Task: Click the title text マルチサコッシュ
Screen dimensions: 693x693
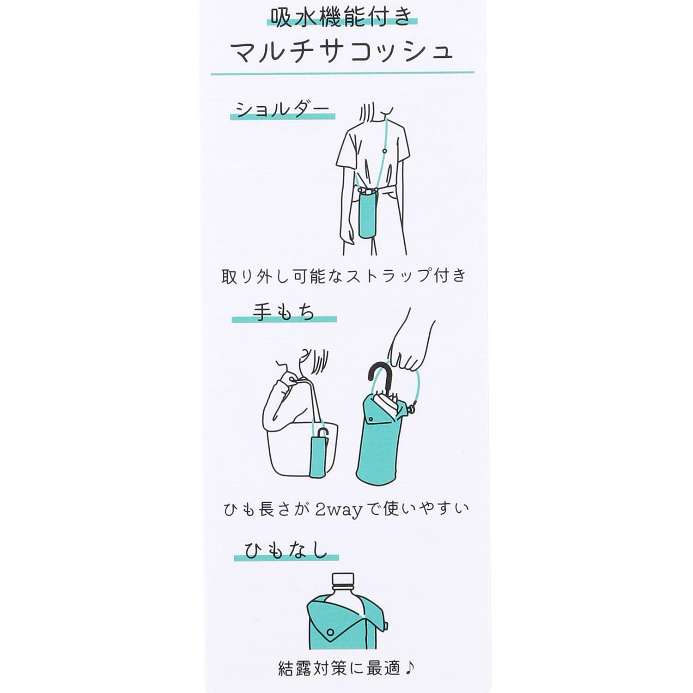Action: [342, 52]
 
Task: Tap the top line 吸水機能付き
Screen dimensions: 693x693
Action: [342, 18]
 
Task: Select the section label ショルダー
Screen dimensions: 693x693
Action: [282, 109]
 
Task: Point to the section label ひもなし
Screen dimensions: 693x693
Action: [286, 551]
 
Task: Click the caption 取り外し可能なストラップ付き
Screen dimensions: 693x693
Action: [344, 276]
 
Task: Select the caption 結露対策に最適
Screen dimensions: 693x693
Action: [339, 668]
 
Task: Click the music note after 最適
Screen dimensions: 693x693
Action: [410, 668]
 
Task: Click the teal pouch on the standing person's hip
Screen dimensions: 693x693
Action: [367, 215]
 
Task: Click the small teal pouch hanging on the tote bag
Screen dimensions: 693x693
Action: [318, 455]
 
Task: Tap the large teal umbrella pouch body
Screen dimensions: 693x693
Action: [375, 450]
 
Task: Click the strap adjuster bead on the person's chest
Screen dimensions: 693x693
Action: [384, 151]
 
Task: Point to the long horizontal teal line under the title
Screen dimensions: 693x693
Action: [342, 73]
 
